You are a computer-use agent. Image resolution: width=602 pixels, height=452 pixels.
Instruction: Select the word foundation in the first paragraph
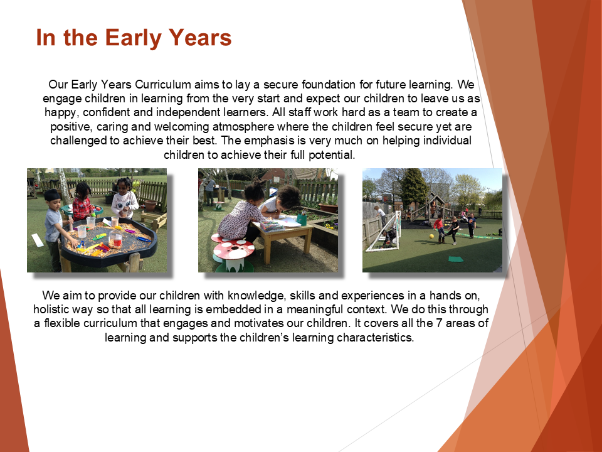(x=329, y=84)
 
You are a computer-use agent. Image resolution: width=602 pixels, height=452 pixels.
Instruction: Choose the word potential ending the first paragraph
(x=332, y=155)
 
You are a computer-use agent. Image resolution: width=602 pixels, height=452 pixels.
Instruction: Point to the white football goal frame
(x=384, y=232)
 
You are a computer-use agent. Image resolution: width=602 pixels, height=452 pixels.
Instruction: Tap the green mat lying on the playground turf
(x=456, y=259)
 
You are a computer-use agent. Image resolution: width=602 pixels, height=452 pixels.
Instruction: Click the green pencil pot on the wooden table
(x=302, y=220)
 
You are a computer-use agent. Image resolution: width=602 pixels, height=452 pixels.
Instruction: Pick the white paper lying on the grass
(x=38, y=240)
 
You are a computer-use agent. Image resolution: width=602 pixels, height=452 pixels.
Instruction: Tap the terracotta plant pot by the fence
(x=150, y=205)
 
